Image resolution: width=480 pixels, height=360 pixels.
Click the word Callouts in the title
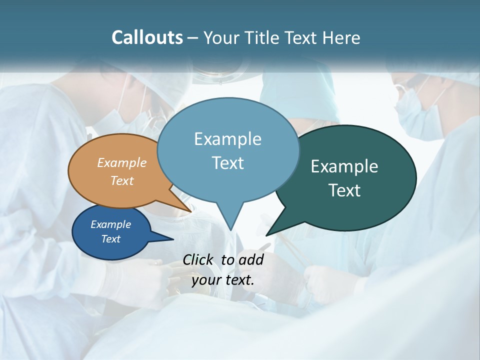(x=147, y=37)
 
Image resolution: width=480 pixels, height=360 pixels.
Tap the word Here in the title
(x=342, y=37)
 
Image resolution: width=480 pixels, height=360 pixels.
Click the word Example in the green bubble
(x=344, y=166)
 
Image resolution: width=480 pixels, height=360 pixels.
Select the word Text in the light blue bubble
(x=228, y=163)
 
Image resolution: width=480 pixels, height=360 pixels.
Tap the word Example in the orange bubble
(x=122, y=162)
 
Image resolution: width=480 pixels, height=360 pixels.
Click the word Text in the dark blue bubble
(x=111, y=239)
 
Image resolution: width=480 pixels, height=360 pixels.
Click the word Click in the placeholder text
(x=197, y=259)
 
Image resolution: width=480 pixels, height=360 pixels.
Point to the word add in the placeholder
(x=251, y=259)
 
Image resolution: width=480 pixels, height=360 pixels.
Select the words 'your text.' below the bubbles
(x=223, y=280)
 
